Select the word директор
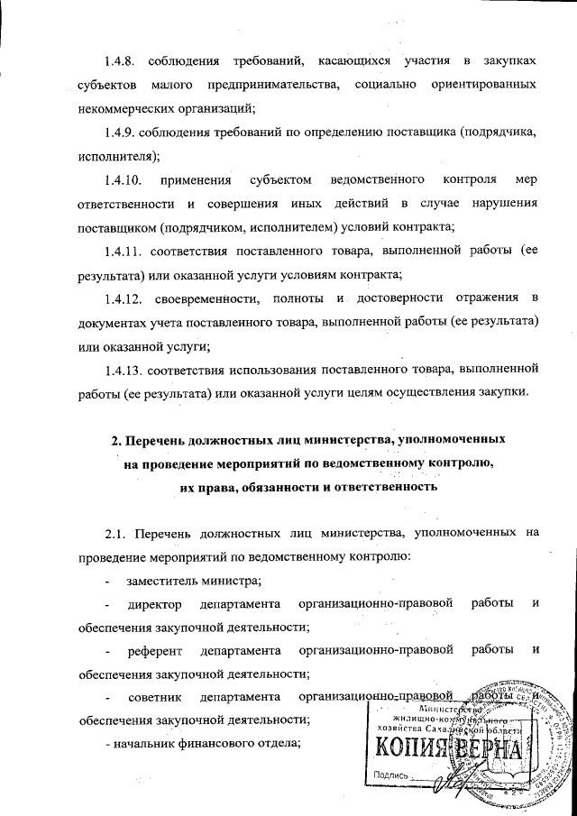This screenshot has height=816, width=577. (154, 603)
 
